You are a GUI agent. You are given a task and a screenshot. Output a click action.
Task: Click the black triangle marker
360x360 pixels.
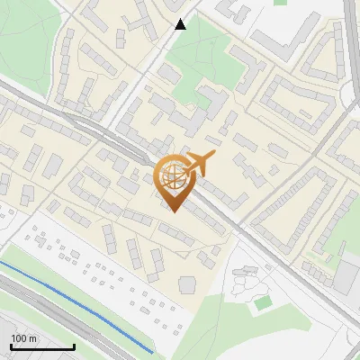(x=181, y=24)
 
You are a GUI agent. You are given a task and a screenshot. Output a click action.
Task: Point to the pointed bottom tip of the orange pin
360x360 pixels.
(x=173, y=211)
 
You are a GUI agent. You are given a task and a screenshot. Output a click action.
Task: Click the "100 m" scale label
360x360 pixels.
(x=23, y=337)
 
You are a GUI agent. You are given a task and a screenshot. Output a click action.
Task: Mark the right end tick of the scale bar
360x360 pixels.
(x=74, y=346)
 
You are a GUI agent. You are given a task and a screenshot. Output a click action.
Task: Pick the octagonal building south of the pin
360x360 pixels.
(x=187, y=284)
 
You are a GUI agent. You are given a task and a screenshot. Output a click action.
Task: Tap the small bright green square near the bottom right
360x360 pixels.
(x=263, y=303)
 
